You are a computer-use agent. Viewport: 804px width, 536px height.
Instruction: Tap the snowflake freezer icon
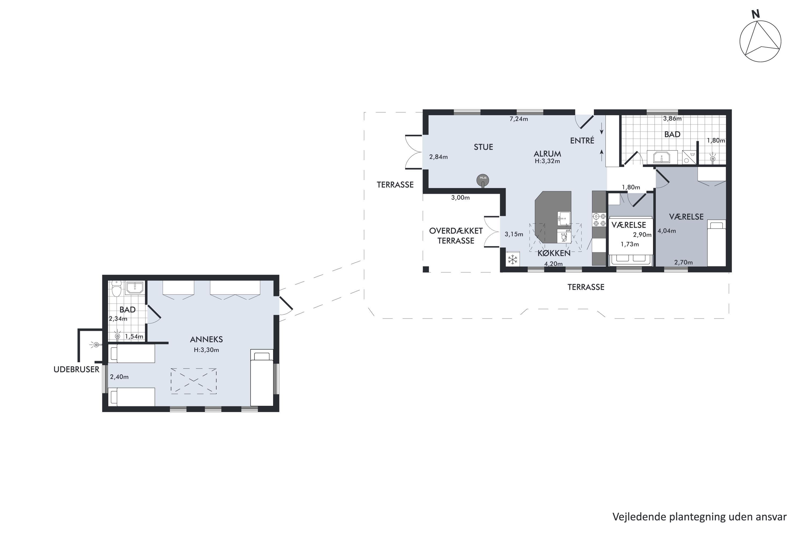(x=512, y=259)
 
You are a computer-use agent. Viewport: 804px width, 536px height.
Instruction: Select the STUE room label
(x=483, y=147)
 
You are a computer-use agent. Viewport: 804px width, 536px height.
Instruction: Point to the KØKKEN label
(x=554, y=253)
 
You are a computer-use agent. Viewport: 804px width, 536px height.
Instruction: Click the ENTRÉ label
(x=582, y=140)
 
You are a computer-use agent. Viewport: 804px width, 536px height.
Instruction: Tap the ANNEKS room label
(x=206, y=340)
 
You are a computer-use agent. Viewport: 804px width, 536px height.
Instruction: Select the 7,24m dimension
(x=519, y=119)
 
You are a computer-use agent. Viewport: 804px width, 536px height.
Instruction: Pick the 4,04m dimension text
(x=667, y=231)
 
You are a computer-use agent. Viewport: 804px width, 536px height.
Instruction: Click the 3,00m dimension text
(x=460, y=198)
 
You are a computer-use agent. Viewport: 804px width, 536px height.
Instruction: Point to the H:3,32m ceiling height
(x=547, y=161)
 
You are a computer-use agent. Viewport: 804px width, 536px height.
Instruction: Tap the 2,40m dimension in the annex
(x=119, y=377)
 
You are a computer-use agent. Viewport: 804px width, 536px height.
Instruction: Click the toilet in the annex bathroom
(x=117, y=290)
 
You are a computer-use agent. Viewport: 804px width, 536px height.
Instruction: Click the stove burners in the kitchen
(x=599, y=220)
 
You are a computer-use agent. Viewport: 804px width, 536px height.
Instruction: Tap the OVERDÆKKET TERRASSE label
(x=456, y=236)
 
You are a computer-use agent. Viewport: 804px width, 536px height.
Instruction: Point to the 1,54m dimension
(x=134, y=336)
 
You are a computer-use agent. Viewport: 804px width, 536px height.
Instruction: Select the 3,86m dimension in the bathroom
(x=672, y=119)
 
